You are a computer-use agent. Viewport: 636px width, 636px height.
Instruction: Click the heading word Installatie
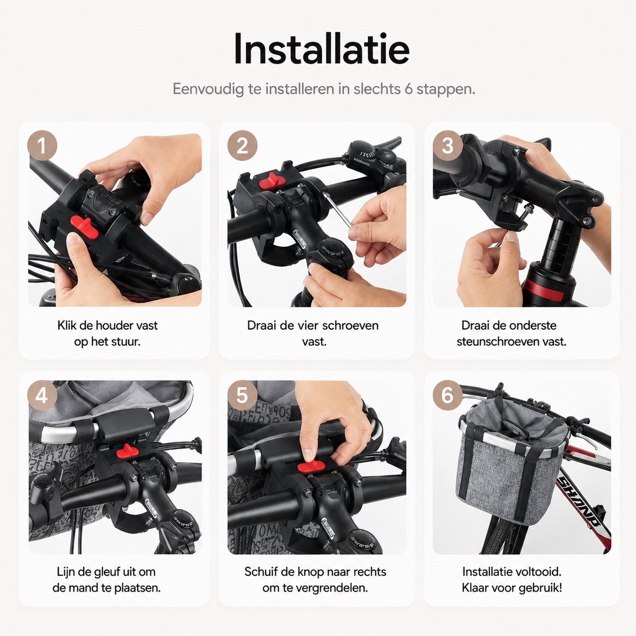(322, 49)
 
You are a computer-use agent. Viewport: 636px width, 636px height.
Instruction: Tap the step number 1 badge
(42, 146)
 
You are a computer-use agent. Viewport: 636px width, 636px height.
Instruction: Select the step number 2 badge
(242, 146)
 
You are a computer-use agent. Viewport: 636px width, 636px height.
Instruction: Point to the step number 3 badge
(447, 146)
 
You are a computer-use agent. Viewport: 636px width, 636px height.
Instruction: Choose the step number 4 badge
(42, 395)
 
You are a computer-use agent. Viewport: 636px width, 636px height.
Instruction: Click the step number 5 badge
(242, 395)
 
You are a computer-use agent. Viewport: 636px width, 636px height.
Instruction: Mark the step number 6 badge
(447, 395)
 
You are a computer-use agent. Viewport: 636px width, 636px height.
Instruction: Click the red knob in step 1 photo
(84, 227)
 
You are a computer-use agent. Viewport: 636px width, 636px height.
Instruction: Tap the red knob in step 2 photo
(271, 181)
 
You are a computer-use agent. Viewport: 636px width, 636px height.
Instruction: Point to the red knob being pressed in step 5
(310, 466)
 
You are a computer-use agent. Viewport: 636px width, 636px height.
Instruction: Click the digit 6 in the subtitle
(409, 89)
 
